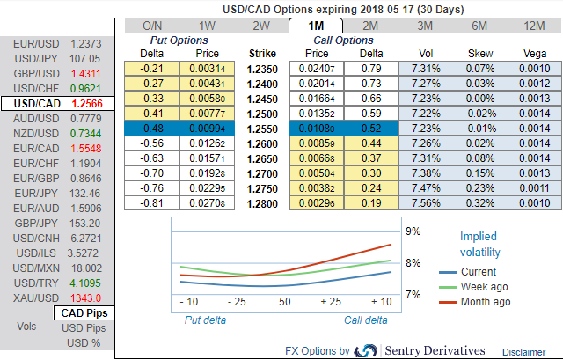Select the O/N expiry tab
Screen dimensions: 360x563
pos(152,26)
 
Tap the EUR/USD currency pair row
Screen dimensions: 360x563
pos(57,42)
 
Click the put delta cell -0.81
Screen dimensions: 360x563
pos(155,202)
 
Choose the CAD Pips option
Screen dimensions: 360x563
pos(85,312)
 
